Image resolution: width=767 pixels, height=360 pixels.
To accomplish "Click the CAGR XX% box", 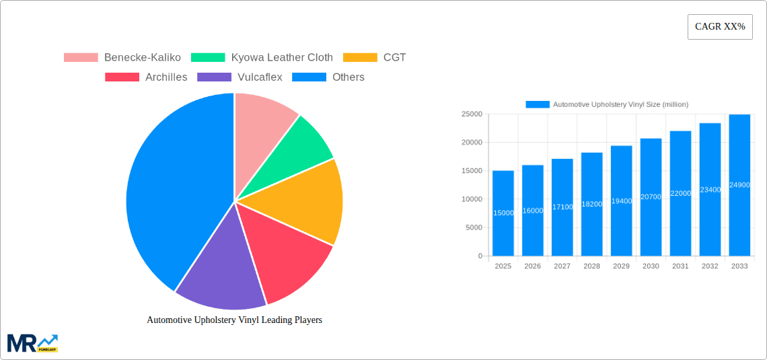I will coord(719,27).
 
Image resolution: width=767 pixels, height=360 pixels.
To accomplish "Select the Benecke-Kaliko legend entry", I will coord(122,57).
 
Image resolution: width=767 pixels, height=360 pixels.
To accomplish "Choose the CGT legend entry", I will coord(375,57).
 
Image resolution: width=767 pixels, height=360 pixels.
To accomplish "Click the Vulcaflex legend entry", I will coord(240,77).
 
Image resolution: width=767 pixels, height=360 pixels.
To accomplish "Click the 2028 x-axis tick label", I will coord(591,266).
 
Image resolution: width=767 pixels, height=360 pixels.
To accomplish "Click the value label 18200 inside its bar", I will coord(592,204).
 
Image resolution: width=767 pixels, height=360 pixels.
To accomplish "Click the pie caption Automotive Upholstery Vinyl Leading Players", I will coord(234,320).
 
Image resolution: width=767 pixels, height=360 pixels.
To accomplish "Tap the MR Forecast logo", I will coord(32,343).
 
